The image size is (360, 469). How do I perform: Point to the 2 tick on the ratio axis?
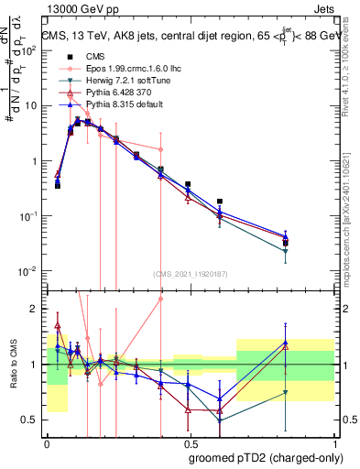point(35,309)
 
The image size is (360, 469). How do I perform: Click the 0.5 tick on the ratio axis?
point(30,420)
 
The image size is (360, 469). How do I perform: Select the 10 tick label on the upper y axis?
point(30,105)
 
